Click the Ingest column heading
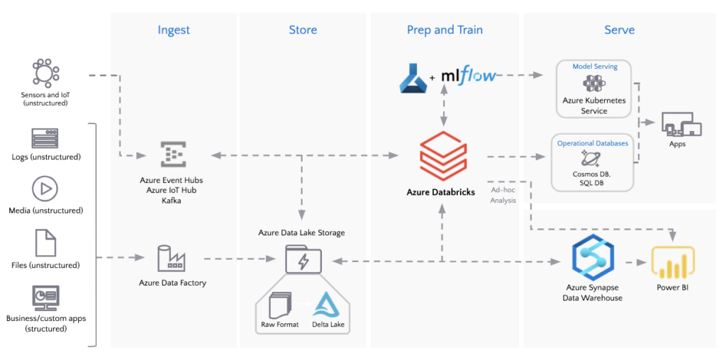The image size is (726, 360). tap(174, 30)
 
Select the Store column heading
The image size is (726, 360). tap(303, 30)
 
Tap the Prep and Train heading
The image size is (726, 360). tap(445, 30)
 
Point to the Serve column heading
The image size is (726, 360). tap(619, 30)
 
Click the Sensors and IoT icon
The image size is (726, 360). tap(45, 74)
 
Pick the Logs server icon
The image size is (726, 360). tap(45, 139)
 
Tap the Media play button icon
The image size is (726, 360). tap(45, 189)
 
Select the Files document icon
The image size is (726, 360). tap(45, 243)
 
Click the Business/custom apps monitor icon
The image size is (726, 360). tap(45, 298)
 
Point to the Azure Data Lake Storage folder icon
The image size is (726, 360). tap(302, 260)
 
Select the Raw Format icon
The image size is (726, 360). tap(280, 305)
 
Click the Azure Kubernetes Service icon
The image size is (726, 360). tap(594, 84)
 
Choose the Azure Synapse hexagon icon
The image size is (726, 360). tap(593, 260)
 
